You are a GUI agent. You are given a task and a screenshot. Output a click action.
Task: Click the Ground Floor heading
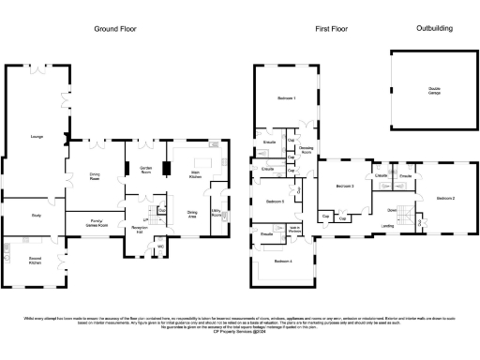click(x=115, y=29)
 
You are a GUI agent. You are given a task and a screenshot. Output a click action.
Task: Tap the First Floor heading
click(x=331, y=29)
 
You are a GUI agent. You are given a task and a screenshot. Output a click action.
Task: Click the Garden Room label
click(x=145, y=170)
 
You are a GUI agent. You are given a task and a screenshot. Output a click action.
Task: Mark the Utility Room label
click(x=217, y=213)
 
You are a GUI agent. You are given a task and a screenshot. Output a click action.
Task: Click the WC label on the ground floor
click(x=160, y=247)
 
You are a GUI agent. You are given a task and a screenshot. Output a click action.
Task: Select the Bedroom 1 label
click(x=286, y=98)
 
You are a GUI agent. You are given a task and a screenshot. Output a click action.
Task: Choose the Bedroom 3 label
click(x=345, y=187)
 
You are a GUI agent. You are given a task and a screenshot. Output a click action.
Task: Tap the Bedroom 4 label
click(x=283, y=261)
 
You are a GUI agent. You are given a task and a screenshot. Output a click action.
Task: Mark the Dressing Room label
click(x=306, y=149)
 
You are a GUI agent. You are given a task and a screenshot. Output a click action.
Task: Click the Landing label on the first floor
click(x=387, y=225)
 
